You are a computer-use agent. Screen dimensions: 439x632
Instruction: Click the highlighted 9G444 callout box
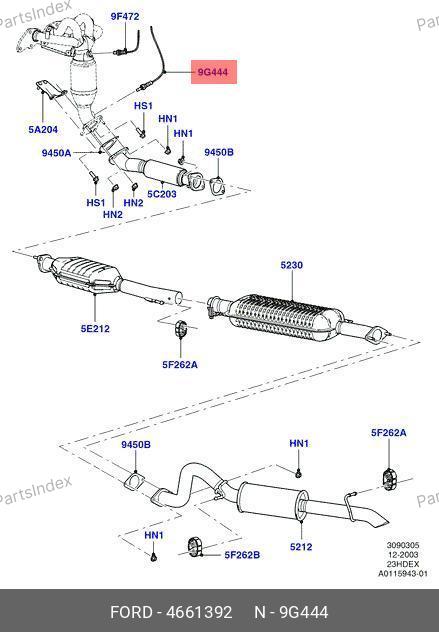point(214,72)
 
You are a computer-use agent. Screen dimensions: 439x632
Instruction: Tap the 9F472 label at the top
point(125,17)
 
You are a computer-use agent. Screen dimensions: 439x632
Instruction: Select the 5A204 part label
point(43,129)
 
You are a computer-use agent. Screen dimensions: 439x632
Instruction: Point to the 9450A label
point(56,153)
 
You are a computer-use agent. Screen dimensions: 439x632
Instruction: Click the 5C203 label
point(162,194)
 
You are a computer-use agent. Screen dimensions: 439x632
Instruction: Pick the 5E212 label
point(95,328)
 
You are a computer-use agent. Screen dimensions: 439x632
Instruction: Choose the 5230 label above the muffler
point(292,265)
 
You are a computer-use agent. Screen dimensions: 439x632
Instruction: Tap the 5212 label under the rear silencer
point(301,547)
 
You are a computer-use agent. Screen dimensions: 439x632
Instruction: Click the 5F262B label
point(242,555)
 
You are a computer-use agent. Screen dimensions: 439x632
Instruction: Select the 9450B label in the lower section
point(136,444)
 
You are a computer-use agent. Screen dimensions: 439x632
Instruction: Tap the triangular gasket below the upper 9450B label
point(217,187)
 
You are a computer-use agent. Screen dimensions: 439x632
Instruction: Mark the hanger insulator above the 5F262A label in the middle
point(181,328)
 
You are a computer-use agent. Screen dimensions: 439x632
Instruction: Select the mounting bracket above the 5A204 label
point(49,90)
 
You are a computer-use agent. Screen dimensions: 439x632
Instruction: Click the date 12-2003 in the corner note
point(403,555)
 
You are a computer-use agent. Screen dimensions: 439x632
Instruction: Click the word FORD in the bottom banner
point(131,612)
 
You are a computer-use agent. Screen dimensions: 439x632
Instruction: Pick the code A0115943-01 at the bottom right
point(402,574)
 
